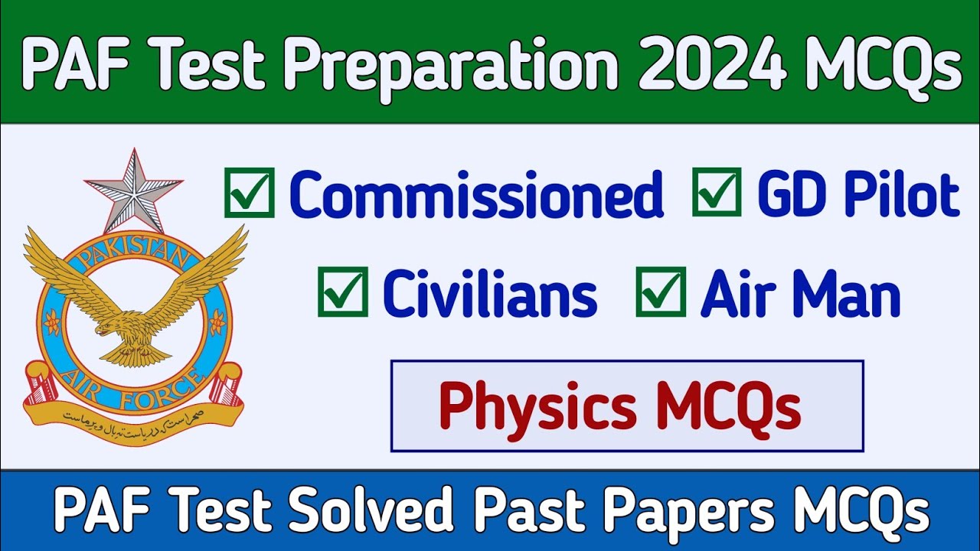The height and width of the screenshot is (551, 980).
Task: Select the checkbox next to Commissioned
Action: pos(249,193)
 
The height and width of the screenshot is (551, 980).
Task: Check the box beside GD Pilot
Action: pos(717,192)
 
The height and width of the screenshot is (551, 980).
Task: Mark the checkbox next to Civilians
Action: pos(342,292)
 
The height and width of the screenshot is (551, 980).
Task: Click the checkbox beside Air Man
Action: pos(660,292)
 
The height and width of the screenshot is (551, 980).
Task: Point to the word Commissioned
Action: pos(476,194)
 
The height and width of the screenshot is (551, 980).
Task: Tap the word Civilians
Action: pos(490,294)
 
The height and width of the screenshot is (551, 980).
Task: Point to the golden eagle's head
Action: pos(107,327)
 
